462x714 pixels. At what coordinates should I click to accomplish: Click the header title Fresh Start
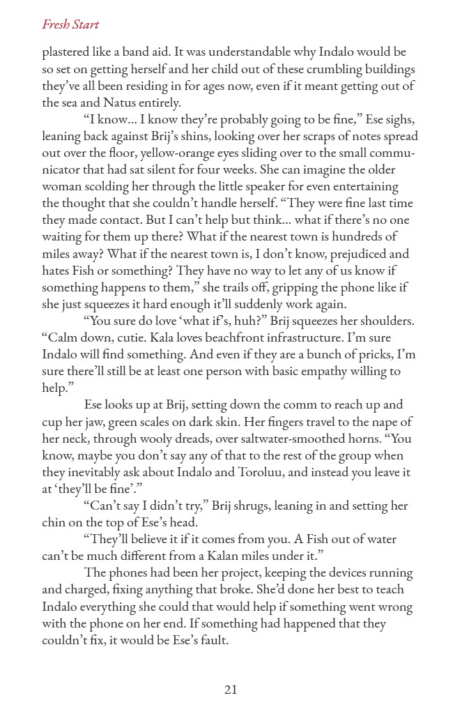tap(70, 25)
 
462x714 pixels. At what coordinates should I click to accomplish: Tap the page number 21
tap(231, 690)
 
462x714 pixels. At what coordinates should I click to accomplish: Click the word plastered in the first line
tap(68, 52)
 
